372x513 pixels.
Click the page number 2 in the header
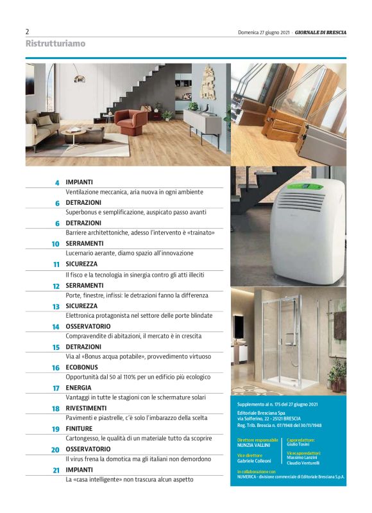coord(27,31)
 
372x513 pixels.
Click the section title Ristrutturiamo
coord(55,44)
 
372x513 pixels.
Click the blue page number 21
coord(56,471)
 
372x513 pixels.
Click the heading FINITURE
coord(79,429)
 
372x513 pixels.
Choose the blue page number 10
coord(56,244)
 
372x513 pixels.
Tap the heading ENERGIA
coord(78,388)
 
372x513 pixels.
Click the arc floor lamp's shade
coord(80,79)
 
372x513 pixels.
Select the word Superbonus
coord(83,213)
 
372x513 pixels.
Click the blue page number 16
coord(56,368)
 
